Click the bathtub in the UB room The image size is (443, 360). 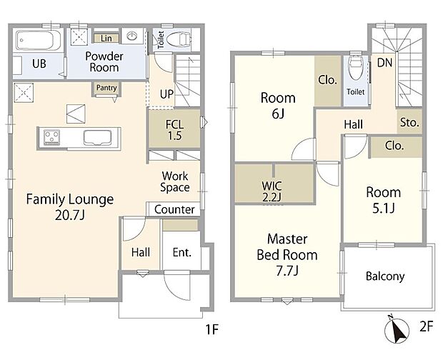[39, 41]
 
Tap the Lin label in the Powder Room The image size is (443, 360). [106, 39]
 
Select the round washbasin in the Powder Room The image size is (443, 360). [132, 36]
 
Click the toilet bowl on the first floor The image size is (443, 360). [179, 39]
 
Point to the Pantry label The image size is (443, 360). [106, 88]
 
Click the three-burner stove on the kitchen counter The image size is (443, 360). [51, 138]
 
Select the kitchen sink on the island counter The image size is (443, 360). [97, 138]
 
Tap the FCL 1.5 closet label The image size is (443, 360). [174, 130]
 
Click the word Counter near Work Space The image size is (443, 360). [174, 209]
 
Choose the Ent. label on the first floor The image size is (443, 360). [182, 252]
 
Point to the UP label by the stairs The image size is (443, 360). [166, 94]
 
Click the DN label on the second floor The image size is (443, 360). [385, 63]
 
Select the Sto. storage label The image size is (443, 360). [409, 122]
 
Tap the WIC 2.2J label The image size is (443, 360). [272, 191]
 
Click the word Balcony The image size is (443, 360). [385, 276]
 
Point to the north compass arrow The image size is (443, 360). [397, 329]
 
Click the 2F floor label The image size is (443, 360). [427, 326]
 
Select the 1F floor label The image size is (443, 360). [212, 329]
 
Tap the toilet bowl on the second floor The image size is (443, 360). [356, 69]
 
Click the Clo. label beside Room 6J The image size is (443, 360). [328, 80]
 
